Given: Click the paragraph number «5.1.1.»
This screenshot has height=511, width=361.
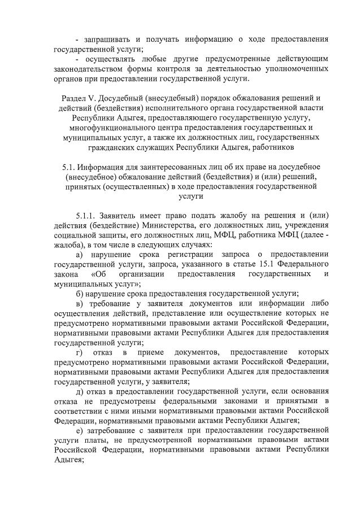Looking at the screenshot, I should tap(86, 216).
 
